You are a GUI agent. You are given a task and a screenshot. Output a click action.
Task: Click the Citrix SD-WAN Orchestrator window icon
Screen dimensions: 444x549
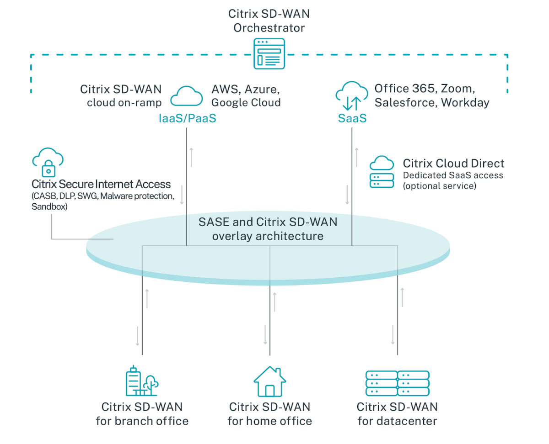269,53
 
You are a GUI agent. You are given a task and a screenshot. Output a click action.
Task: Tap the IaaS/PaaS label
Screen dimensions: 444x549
187,118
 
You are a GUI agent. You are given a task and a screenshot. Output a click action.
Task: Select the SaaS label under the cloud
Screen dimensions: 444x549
352,118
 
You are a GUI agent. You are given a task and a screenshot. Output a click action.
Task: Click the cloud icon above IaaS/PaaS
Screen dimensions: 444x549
187,96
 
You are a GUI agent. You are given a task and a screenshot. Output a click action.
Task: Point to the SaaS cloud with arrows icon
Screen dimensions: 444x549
352,95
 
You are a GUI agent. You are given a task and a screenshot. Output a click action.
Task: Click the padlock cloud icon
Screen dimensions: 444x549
48,162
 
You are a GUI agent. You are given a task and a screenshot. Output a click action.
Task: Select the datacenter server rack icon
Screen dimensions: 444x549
397,383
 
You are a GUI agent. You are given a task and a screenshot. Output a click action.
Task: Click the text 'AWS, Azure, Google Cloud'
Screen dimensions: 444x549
246,95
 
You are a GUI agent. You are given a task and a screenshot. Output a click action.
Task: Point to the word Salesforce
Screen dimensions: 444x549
405,102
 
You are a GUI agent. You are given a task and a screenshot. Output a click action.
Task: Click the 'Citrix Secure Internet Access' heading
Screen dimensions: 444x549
101,185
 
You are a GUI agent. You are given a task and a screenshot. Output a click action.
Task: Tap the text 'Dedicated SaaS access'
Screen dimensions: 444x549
452,175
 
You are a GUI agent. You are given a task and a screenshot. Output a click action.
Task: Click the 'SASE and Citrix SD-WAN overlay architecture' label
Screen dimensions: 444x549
268,229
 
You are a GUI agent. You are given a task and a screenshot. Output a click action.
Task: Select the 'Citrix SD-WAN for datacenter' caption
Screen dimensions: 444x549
397,413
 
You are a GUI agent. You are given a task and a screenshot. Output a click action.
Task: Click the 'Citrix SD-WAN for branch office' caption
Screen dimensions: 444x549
142,413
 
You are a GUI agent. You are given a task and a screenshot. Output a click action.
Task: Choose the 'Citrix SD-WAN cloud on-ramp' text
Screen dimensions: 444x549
121,95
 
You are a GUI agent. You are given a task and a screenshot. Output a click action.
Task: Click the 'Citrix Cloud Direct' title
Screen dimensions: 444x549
453,164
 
